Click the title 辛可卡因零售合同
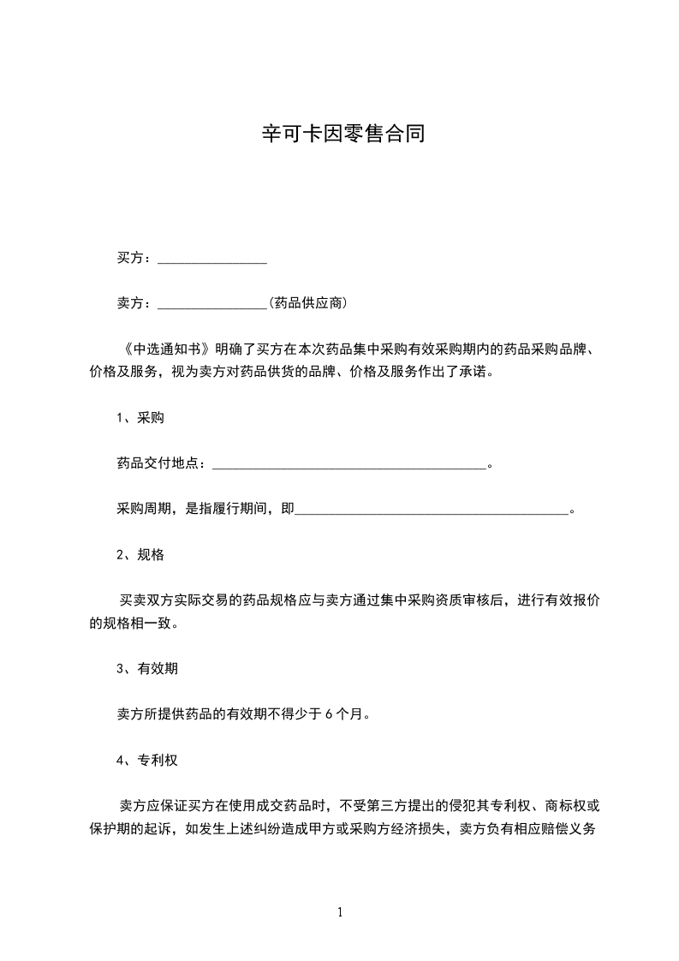tap(342, 135)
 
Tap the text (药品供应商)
tap(307, 303)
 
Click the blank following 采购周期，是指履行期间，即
tap(432, 510)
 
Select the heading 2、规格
tap(140, 555)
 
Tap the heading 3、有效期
tap(147, 669)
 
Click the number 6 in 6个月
tap(330, 714)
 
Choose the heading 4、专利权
tap(147, 760)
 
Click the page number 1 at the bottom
tap(340, 912)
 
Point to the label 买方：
tap(136, 259)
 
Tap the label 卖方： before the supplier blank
tap(136, 303)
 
